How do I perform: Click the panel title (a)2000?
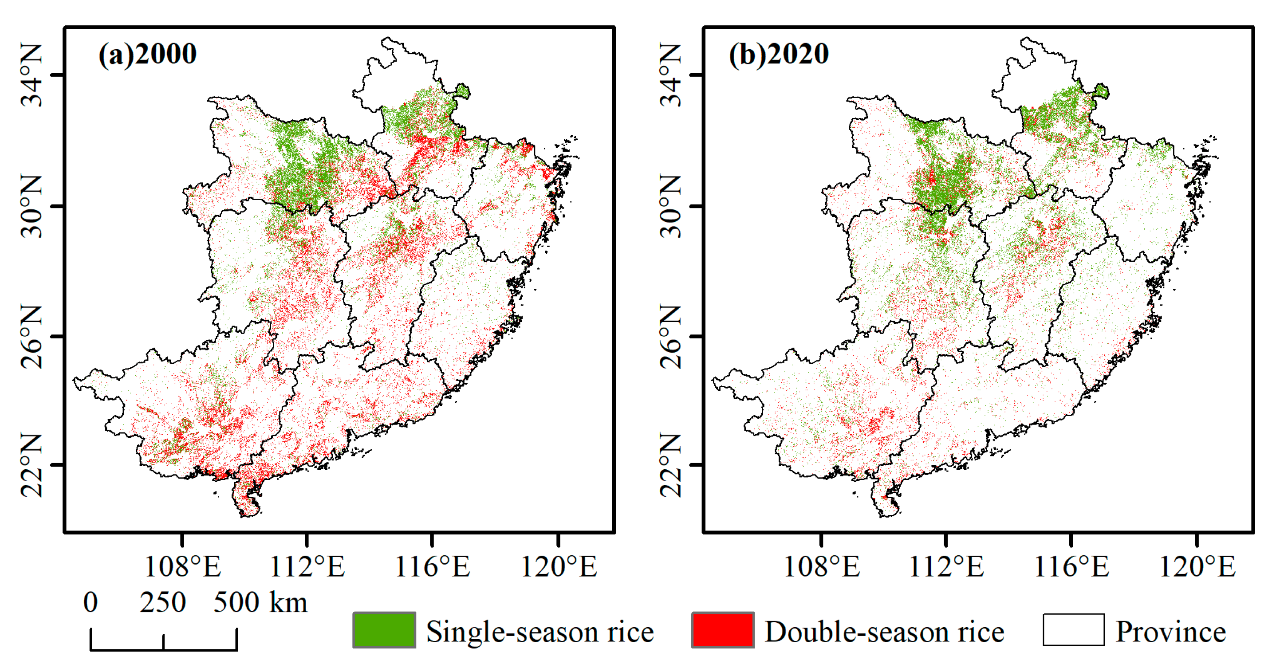[147, 54]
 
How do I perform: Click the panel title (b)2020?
[778, 54]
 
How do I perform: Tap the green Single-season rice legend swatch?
[384, 630]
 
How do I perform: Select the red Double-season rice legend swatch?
[723, 630]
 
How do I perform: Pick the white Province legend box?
[1073, 630]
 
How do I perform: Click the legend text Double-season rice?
[884, 632]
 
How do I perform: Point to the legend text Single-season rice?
[540, 632]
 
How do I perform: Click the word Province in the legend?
[1170, 632]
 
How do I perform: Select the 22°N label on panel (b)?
[671, 465]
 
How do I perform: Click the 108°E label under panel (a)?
[182, 566]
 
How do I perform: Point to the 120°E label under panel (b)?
[1197, 566]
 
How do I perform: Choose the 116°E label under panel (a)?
[432, 566]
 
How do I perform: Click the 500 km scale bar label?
[260, 603]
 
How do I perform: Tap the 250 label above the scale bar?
[162, 603]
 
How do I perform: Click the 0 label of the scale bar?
[91, 603]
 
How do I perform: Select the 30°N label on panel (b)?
[671, 207]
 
